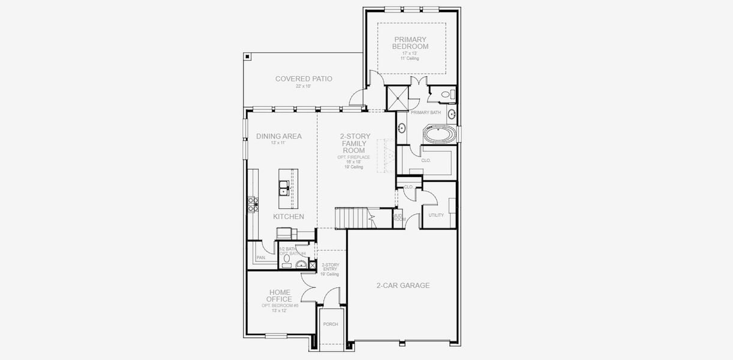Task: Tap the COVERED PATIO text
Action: [x=304, y=79]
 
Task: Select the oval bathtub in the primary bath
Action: [x=440, y=133]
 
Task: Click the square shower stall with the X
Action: [x=397, y=97]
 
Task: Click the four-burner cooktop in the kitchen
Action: [x=253, y=205]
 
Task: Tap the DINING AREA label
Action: [x=279, y=136]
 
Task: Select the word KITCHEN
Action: [x=289, y=217]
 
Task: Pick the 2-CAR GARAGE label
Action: [x=403, y=286]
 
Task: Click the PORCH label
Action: [x=331, y=324]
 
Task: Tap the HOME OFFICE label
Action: [x=280, y=296]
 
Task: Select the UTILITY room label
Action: [x=436, y=215]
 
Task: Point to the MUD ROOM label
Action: [x=399, y=217]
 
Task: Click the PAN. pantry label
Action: [x=262, y=257]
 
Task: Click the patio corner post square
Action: [x=247, y=56]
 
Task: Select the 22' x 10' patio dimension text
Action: [x=304, y=86]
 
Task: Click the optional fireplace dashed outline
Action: [x=385, y=156]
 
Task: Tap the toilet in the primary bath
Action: [x=446, y=95]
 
